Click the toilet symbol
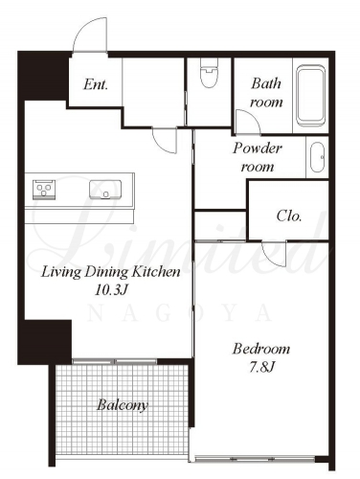click(209, 73)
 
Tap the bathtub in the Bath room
click(310, 96)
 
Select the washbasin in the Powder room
click(317, 157)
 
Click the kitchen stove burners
click(44, 190)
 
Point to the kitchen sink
click(105, 190)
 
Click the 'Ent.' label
click(96, 84)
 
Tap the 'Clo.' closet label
click(289, 216)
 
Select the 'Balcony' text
click(123, 405)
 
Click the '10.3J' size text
click(111, 290)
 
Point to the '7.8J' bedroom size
click(261, 368)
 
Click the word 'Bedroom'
click(261, 349)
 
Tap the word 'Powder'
click(258, 148)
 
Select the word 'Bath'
click(266, 83)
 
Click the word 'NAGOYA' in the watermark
click(180, 312)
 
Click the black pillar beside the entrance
click(43, 77)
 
